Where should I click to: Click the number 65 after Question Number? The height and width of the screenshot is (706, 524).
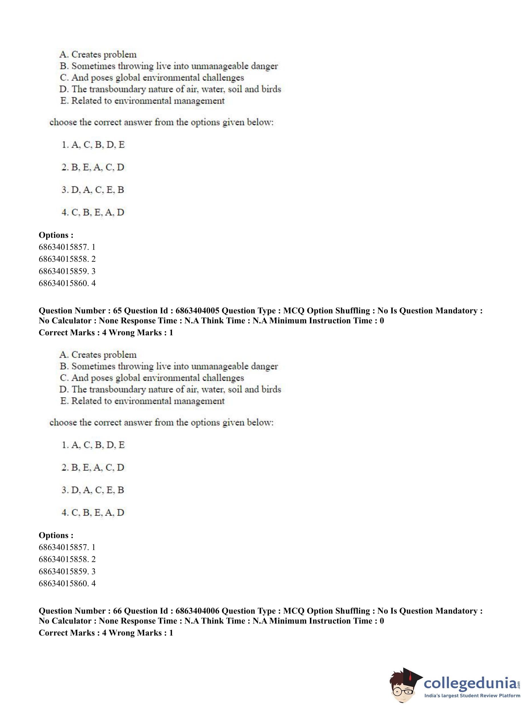click(117, 311)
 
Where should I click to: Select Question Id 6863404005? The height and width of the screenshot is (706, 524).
click(197, 311)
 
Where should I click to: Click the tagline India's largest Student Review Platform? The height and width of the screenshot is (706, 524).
click(472, 695)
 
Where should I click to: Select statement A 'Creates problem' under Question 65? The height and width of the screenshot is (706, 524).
click(98, 355)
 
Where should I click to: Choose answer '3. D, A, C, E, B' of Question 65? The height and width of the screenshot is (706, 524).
click(93, 490)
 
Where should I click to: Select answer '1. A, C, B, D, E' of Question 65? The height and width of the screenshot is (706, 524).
click(93, 445)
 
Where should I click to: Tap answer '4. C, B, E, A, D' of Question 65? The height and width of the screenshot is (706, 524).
click(93, 512)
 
